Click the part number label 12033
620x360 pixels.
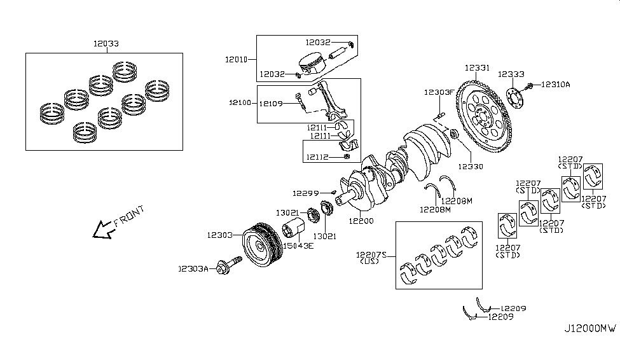click(105, 44)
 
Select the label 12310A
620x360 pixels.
click(556, 84)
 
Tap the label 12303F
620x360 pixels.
click(439, 92)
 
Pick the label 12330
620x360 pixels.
click(471, 167)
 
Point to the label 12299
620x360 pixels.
click(305, 192)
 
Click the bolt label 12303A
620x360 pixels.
click(194, 269)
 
